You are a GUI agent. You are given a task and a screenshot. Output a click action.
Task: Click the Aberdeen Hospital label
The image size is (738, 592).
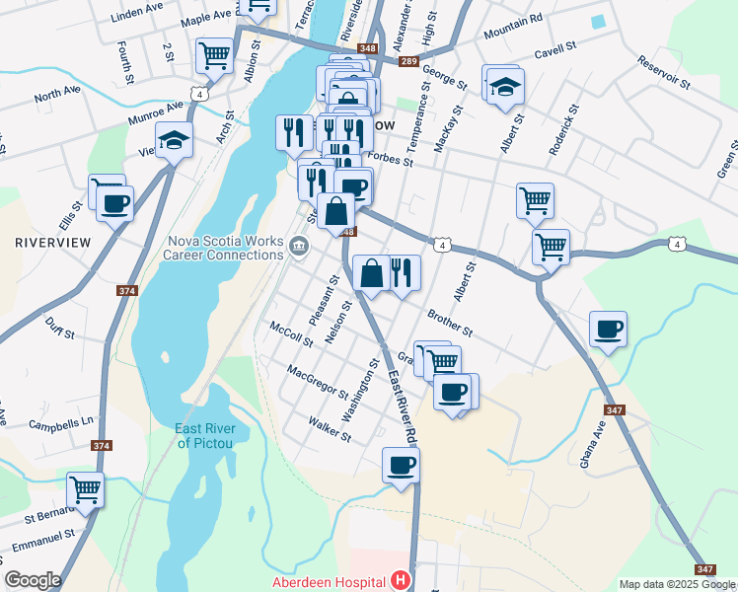[329, 582]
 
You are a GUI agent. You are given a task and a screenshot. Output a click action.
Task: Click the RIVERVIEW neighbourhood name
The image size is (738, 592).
[53, 242]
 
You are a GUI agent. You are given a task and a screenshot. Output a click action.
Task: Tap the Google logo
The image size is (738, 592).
[33, 580]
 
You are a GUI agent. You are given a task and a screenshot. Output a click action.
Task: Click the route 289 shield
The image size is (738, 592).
[408, 62]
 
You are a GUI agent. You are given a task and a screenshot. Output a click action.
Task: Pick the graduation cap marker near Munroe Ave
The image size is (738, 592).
[174, 140]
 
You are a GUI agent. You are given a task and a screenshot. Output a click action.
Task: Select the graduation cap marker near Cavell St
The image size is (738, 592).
[505, 87]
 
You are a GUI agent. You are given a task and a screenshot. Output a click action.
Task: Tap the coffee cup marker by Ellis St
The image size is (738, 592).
[115, 203]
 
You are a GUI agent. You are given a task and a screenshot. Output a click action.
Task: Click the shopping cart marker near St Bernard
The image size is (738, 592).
[86, 488]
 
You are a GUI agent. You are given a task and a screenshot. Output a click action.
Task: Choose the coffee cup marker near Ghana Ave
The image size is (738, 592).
[608, 329]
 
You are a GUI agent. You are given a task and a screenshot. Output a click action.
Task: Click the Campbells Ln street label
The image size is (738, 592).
[60, 422]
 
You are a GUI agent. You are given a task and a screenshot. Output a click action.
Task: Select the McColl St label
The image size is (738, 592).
[291, 335]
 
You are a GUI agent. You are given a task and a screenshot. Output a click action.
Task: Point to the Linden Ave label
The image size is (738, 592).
[137, 18]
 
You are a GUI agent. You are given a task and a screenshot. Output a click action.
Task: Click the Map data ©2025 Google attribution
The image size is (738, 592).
[677, 584]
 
